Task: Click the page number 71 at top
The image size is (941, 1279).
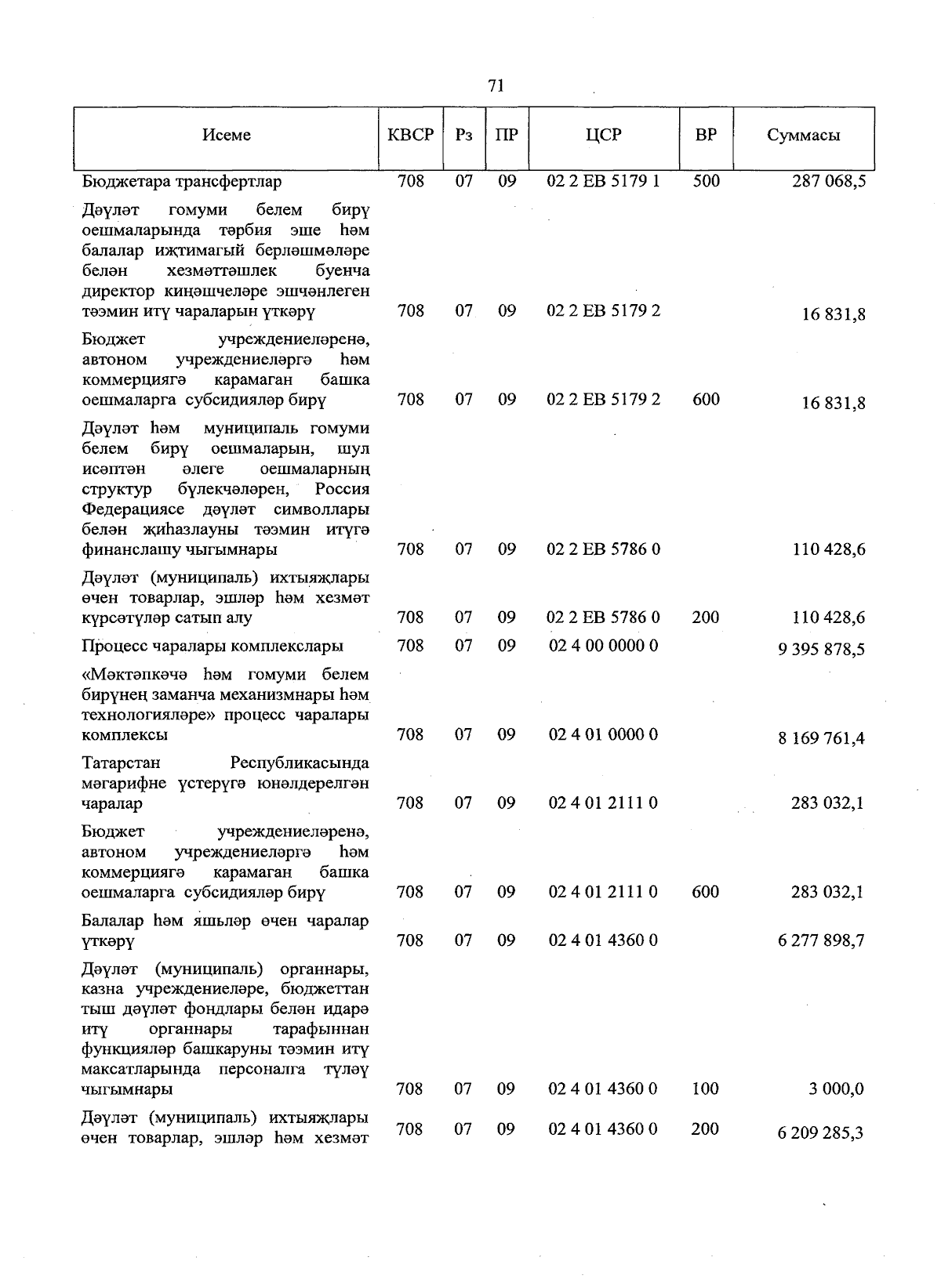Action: point(495,85)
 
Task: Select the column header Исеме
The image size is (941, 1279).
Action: point(226,135)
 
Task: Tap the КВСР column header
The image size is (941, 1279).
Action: point(410,135)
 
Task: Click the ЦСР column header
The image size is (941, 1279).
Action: point(603,135)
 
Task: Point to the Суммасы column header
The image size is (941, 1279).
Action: point(803,135)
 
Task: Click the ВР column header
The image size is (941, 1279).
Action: point(706,135)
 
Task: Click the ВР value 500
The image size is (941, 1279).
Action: point(706,182)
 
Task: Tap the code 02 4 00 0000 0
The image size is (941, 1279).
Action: point(603,646)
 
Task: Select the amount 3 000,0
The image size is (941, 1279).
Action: point(837,1089)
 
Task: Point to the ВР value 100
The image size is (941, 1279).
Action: point(706,1089)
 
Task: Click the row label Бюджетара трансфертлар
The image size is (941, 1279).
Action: point(181,182)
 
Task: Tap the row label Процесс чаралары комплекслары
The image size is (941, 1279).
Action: point(212,647)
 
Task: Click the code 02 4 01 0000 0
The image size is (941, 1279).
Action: point(603,735)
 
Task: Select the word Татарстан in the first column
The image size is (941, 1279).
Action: point(121,763)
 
